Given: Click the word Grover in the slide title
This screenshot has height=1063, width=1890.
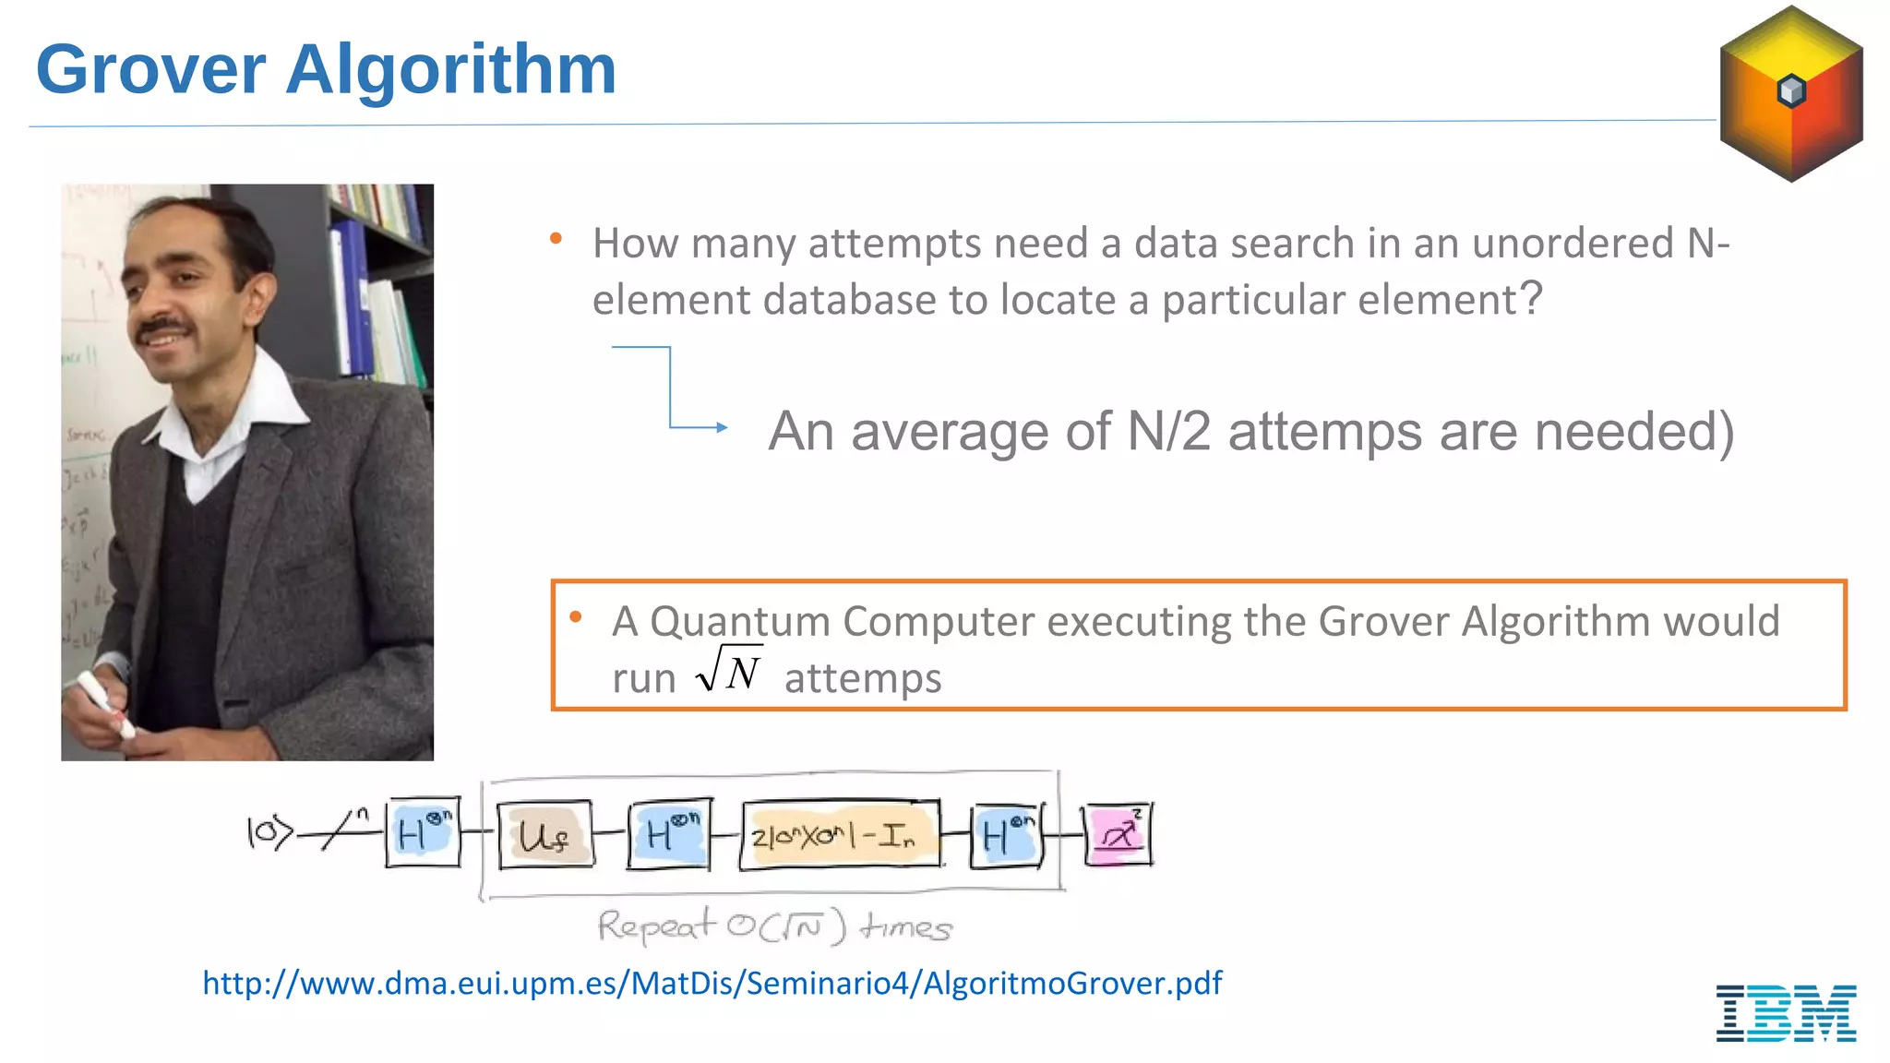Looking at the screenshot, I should [x=150, y=70].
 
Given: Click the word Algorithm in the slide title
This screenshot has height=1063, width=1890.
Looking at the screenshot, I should [x=450, y=70].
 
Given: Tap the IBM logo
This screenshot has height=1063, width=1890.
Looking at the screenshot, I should [x=1786, y=1012].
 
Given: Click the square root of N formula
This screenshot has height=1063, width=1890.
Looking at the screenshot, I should [x=729, y=670].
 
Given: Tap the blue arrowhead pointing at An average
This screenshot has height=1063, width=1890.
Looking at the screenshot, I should [x=722, y=427].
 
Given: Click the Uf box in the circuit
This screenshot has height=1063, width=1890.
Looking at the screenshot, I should [x=544, y=835].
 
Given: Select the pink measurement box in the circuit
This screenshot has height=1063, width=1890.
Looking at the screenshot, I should [x=1118, y=835].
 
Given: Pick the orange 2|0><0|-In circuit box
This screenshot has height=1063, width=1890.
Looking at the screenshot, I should [x=840, y=835].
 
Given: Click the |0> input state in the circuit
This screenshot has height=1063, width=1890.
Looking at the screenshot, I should [x=269, y=832].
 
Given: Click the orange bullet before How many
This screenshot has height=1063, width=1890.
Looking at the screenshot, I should [x=556, y=239].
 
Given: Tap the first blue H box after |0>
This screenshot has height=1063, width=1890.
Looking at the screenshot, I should [x=423, y=833].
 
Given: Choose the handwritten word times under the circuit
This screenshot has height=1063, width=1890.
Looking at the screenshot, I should [x=905, y=926].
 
